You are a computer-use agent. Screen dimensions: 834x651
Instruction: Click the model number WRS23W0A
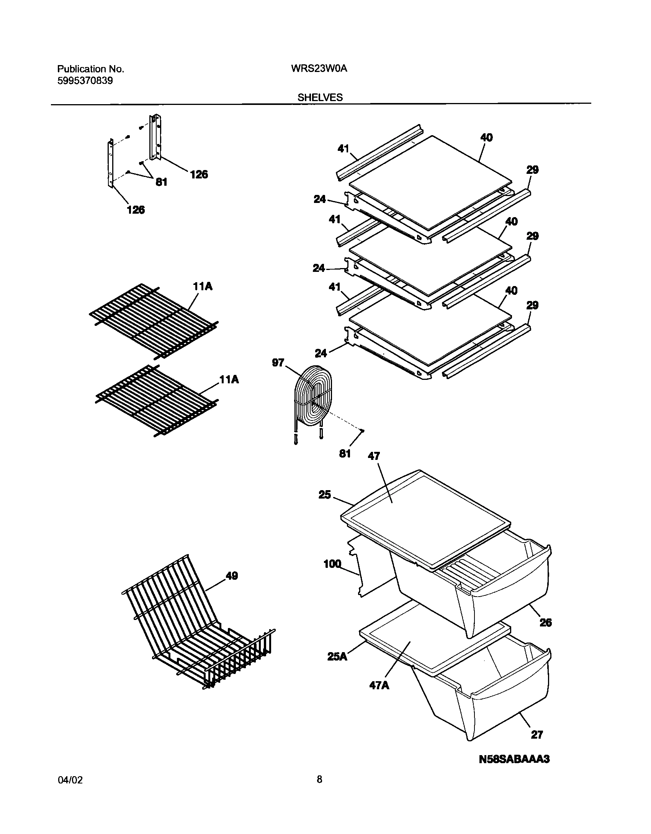(319, 69)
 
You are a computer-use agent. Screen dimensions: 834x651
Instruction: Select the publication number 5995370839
(85, 81)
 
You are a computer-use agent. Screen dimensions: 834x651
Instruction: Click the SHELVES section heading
(320, 98)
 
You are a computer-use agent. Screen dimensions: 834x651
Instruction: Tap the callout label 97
(278, 362)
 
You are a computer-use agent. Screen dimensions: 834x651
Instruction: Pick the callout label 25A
(337, 656)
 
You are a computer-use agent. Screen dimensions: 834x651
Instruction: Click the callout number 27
(537, 734)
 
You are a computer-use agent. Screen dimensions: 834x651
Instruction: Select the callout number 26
(546, 623)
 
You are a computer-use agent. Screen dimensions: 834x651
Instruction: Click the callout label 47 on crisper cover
(374, 456)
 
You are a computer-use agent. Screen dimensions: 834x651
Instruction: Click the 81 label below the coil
(345, 454)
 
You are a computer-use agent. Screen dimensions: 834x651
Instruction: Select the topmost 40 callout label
(486, 137)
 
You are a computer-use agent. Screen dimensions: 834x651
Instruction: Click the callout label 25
(324, 495)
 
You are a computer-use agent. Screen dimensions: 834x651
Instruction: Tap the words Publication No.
(91, 69)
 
